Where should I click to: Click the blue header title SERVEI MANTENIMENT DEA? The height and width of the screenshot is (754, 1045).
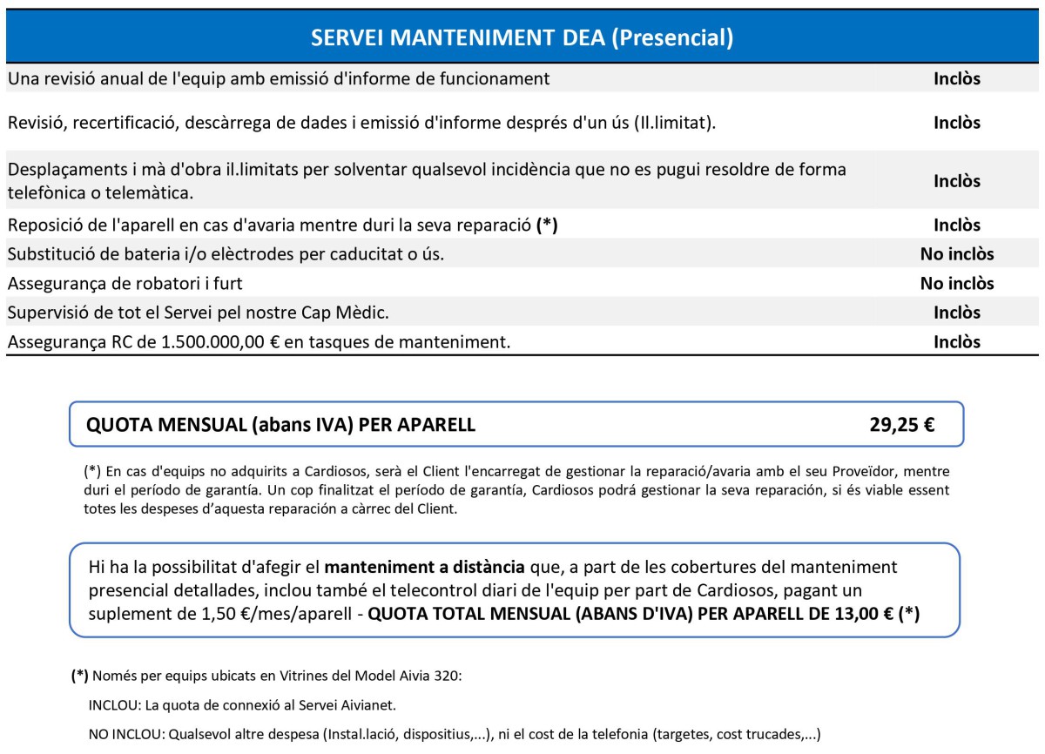coord(522,37)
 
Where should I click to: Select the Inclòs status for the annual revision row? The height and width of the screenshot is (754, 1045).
coord(956,79)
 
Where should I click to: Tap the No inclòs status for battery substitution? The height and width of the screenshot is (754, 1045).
coord(956,254)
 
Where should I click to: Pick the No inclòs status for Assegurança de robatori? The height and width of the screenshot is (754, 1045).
coord(956,284)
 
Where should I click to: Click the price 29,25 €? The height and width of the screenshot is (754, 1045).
coord(901,425)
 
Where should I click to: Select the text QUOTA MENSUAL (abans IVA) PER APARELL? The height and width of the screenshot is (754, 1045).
coord(280,425)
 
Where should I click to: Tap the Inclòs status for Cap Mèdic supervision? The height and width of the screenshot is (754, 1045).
coord(956,313)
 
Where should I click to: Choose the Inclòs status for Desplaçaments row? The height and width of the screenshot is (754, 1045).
coord(956,181)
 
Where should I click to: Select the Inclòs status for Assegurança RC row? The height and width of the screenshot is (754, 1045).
coord(956,342)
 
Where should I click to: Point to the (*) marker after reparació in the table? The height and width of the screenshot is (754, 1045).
coord(547,226)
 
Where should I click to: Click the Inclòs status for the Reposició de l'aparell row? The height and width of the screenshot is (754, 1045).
coord(956,226)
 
